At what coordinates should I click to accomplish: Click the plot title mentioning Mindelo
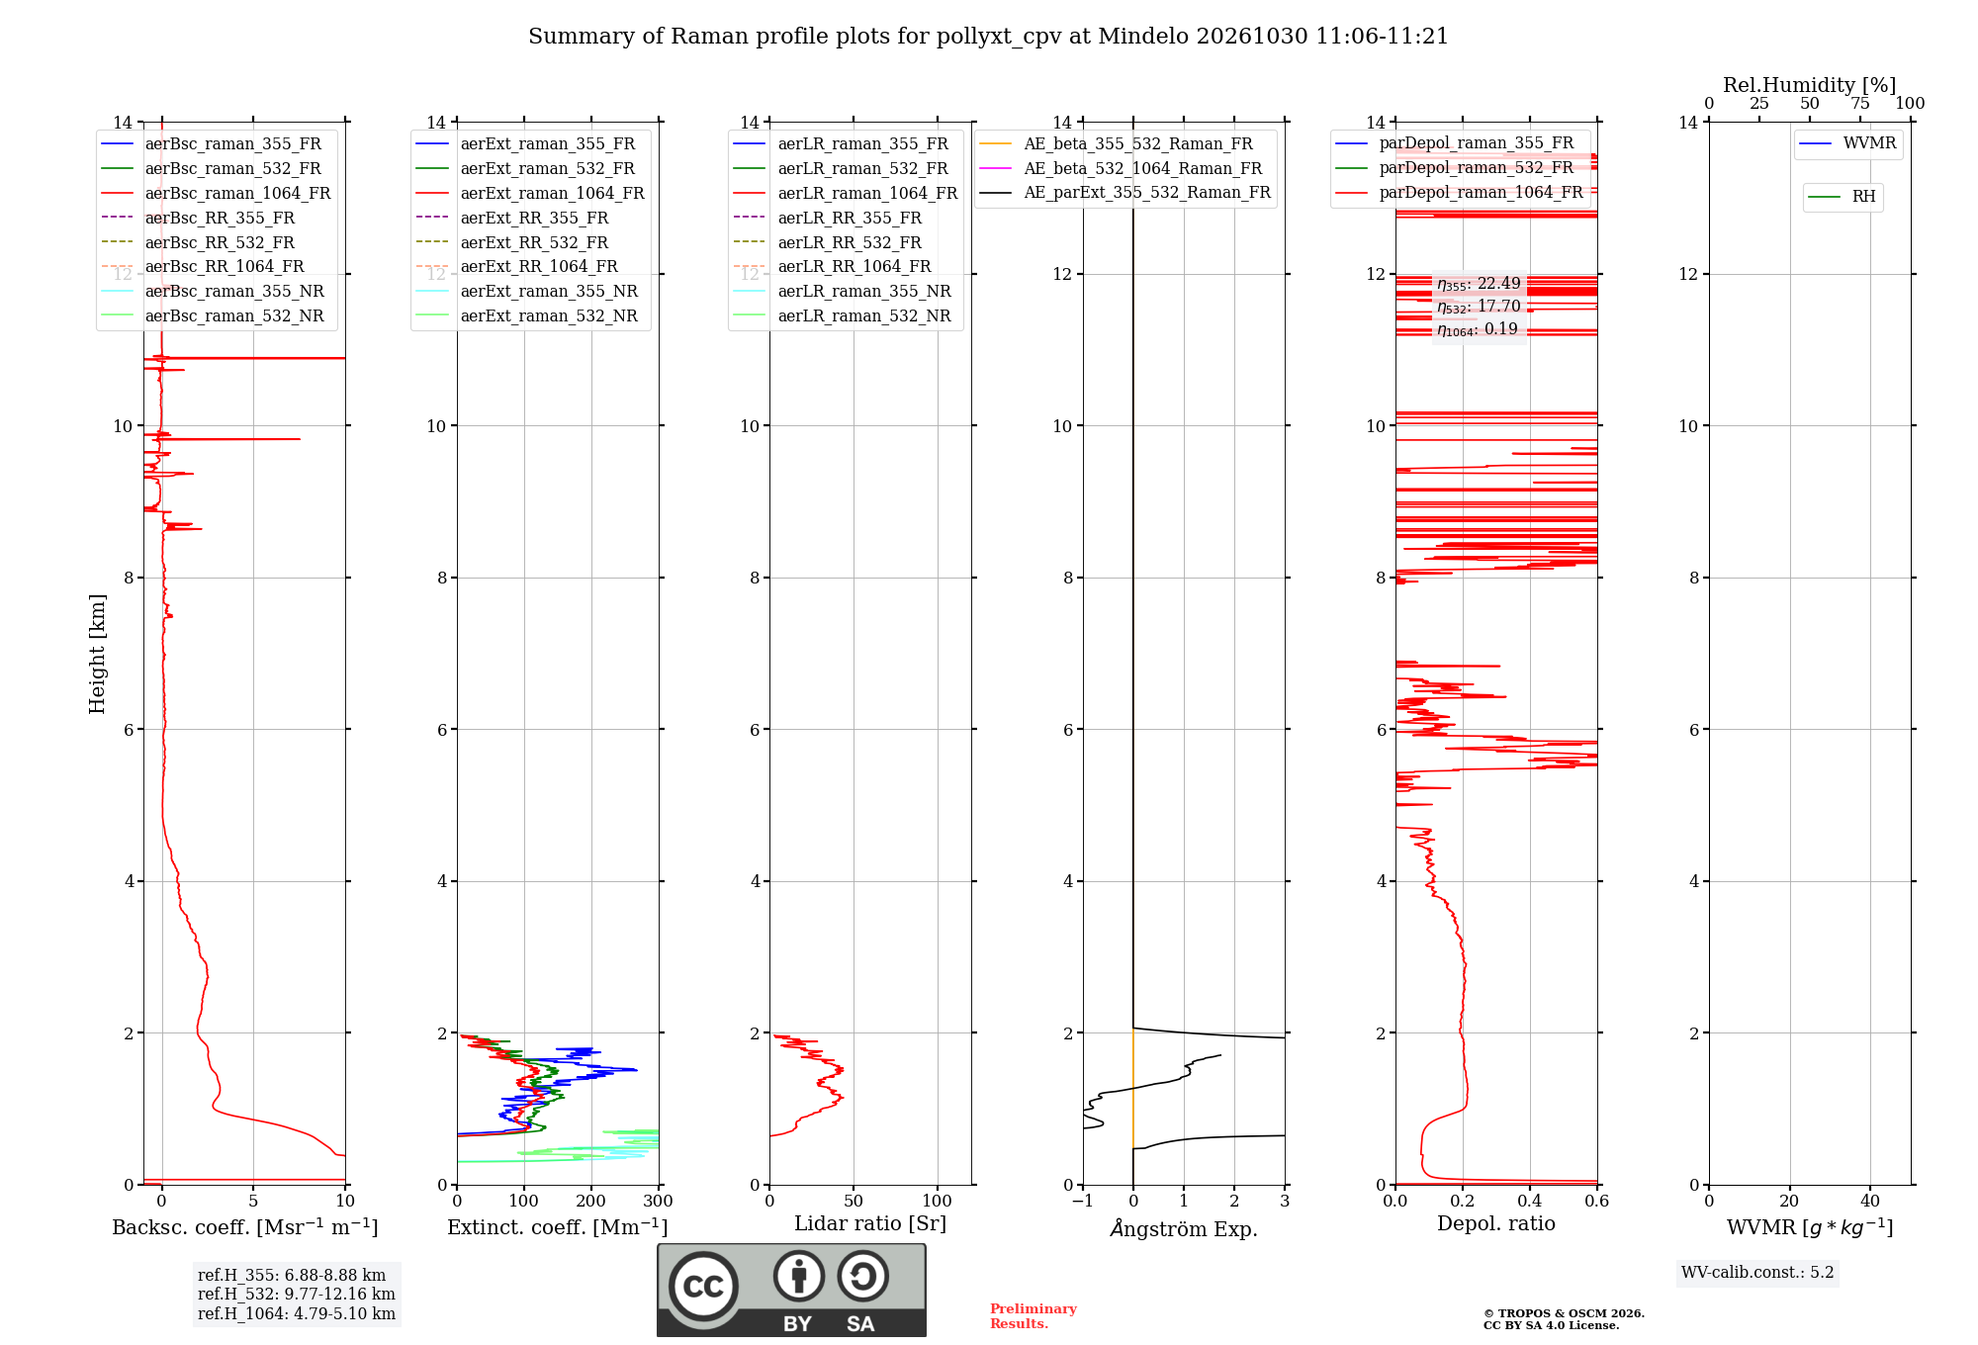click(x=988, y=37)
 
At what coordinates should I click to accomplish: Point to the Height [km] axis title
click(x=97, y=654)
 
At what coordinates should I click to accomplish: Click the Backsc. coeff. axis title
click(x=245, y=1227)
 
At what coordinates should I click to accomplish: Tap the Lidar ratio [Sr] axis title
click(x=870, y=1224)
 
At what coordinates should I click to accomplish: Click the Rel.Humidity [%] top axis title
click(x=1810, y=85)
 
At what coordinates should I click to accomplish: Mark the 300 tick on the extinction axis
click(x=659, y=1202)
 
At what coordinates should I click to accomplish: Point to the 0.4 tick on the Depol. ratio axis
click(x=1530, y=1202)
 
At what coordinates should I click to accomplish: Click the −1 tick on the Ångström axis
click(x=1083, y=1202)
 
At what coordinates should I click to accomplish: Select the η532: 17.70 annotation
click(x=1479, y=308)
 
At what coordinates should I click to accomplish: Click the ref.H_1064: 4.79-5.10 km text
click(x=297, y=1314)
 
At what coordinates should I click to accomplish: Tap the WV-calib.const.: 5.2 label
click(x=1757, y=1273)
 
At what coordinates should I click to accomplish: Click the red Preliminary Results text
click(x=1034, y=1316)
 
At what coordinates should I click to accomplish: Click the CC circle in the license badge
click(x=703, y=1287)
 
